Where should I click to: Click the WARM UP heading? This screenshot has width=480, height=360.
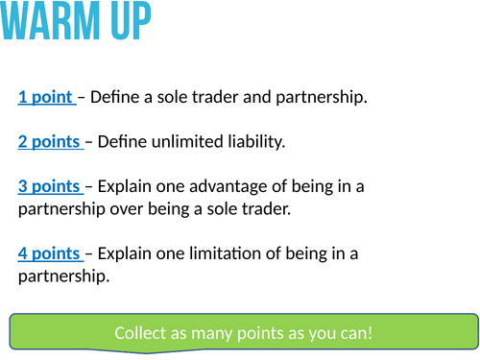click(x=77, y=22)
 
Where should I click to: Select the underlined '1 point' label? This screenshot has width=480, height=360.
click(x=45, y=97)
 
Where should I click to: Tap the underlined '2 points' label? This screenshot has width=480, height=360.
click(x=49, y=142)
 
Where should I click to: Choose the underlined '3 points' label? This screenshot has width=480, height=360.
click(x=49, y=186)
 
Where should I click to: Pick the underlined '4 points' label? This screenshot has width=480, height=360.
click(x=49, y=253)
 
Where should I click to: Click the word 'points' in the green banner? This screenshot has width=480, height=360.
click(x=254, y=334)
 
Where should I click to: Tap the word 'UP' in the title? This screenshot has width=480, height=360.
click(x=129, y=22)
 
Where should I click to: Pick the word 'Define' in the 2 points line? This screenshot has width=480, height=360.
click(x=122, y=142)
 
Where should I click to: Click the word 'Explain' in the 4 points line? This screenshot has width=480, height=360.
click(x=126, y=253)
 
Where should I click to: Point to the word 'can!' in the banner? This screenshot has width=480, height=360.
click(x=354, y=334)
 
